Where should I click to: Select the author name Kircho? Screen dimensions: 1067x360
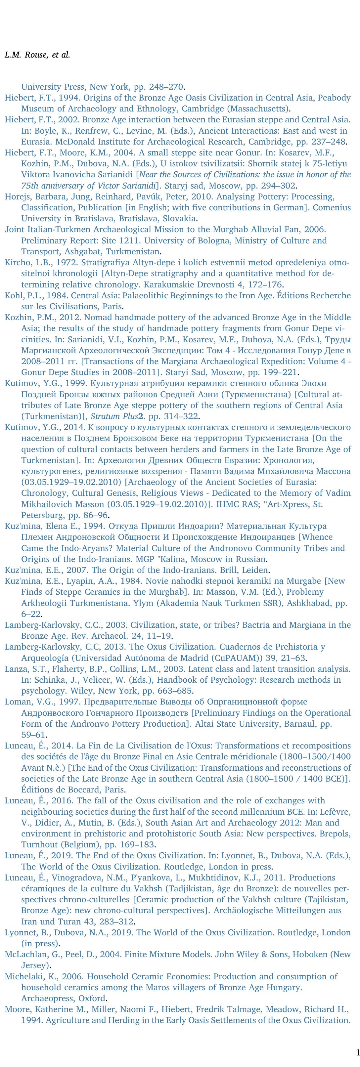pyautogui.click(x=17, y=263)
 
